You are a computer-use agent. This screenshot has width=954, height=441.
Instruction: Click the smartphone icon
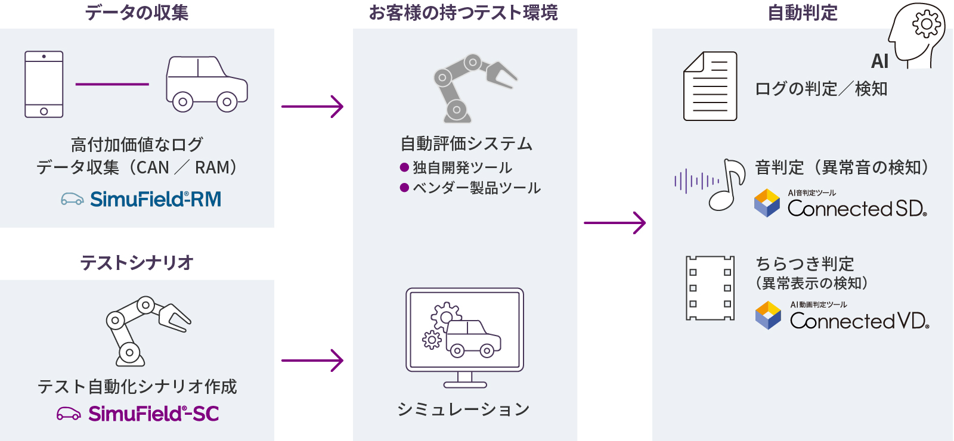pos(44,84)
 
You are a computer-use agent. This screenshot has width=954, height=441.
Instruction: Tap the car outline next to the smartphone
pos(206,84)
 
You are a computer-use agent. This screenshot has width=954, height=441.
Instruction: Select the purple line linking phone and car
pos(112,84)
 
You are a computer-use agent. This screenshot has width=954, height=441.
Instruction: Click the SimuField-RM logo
pos(141,199)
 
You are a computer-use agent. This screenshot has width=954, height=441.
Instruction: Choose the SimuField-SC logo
pos(138,414)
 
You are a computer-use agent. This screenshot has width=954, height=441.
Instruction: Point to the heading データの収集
pos(137,13)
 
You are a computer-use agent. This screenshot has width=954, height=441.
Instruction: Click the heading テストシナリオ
pos(137,262)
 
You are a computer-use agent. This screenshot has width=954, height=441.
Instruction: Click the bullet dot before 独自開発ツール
pos(404,167)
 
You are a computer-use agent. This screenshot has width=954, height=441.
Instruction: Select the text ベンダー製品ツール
pos(476,188)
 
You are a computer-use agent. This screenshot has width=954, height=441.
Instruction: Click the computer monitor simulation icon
pos(465,337)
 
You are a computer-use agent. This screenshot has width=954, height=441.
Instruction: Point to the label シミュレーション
pos(464,409)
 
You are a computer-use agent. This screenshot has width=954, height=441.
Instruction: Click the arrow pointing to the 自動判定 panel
pos(615,223)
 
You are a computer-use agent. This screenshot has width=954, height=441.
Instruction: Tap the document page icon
pos(710,86)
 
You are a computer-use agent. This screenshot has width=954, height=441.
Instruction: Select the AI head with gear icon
pos(917,35)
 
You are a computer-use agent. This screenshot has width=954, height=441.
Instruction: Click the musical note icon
pos(728,184)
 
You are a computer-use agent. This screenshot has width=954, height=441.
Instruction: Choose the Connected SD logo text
pos(857,208)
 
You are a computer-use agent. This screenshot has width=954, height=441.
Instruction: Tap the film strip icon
pos(710,288)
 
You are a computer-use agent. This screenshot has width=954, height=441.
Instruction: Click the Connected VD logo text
pos(859,321)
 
